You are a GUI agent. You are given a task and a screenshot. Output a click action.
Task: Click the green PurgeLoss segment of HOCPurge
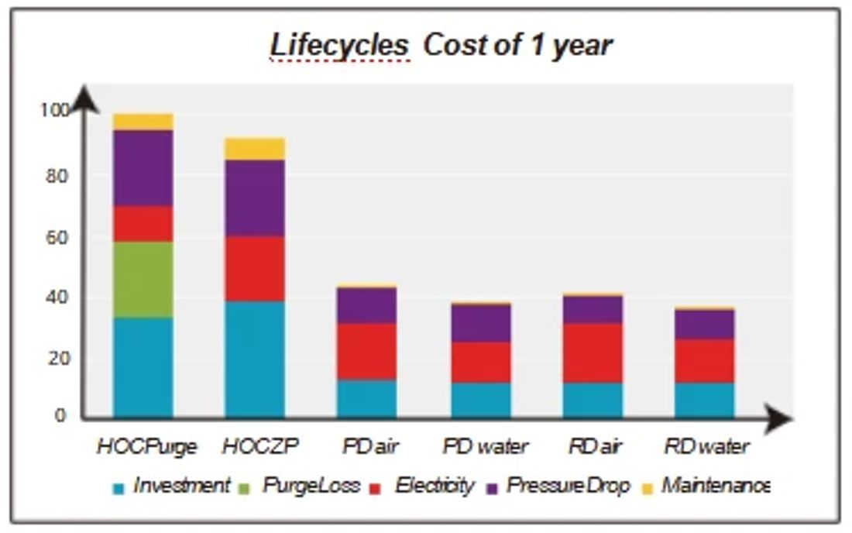tap(143, 279)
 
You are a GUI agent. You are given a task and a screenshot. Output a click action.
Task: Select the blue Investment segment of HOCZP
tap(255, 359)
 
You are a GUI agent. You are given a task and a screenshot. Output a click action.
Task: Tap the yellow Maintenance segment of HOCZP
tap(255, 149)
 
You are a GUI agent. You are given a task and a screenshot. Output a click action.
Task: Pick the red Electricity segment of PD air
tap(367, 352)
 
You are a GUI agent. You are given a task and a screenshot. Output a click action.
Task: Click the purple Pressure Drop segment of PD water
tap(481, 323)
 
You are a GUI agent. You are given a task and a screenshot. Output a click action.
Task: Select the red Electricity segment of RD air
tap(593, 353)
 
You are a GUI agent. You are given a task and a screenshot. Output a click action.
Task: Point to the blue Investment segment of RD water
tap(705, 401)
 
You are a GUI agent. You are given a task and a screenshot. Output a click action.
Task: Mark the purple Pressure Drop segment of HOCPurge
tap(143, 168)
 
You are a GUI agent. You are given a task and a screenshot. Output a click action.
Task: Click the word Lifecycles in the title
tap(339, 45)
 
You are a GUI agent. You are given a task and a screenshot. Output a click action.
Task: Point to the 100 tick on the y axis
tap(55, 110)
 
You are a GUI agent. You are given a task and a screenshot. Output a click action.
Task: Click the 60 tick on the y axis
tap(57, 237)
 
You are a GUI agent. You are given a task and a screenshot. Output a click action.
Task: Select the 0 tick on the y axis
tap(60, 415)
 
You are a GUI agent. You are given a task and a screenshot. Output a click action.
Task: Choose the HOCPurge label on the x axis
tap(146, 447)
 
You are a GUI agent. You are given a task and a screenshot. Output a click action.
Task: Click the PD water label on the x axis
tap(485, 446)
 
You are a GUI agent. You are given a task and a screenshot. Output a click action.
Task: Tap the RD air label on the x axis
tap(594, 446)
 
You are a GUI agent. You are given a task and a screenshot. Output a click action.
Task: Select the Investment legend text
tap(181, 485)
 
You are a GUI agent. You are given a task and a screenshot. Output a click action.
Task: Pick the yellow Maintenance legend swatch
tap(647, 488)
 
